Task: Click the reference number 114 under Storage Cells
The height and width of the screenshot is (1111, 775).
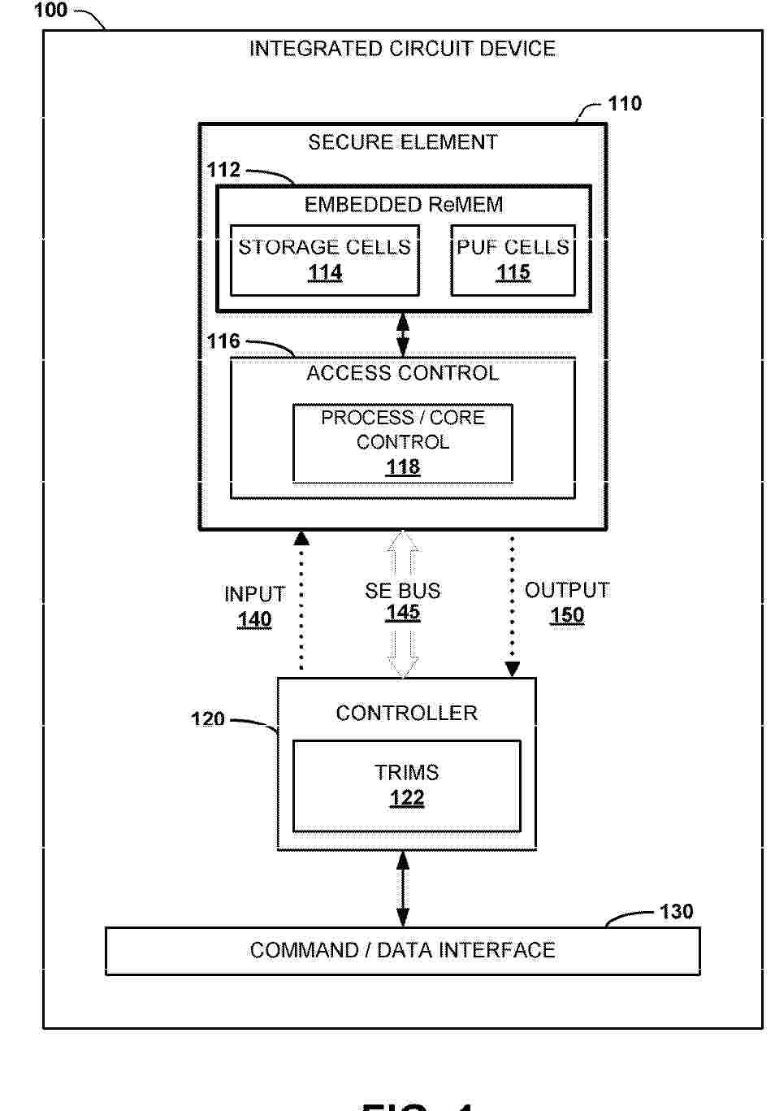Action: pos(325,273)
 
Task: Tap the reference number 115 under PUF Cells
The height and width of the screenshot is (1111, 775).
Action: pos(513,273)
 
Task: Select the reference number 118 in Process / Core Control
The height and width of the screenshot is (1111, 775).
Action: pos(403,467)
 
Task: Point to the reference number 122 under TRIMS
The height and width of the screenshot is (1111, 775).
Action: pos(407,798)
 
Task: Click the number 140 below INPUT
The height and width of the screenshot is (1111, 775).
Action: pos(254,619)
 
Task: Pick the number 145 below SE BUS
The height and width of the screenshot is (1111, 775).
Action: pos(403,613)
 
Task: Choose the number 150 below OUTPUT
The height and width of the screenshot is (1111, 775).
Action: pos(567,615)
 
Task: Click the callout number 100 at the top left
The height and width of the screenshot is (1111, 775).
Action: pos(51,11)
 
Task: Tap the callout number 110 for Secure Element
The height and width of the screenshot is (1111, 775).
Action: pos(625,104)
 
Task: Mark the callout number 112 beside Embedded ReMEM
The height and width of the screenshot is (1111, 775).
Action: pos(223,170)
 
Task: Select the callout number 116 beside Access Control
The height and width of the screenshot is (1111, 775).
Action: pos(223,341)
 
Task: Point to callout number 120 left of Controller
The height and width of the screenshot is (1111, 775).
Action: pos(208,719)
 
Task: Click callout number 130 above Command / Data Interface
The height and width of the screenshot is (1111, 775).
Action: pos(676,912)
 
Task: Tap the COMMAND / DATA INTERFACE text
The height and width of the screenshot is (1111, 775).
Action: pos(403,950)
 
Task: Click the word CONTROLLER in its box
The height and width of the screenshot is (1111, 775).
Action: pos(407,713)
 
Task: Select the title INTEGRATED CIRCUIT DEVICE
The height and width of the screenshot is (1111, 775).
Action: pos(402,49)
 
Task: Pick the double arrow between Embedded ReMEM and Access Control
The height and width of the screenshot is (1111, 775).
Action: pos(403,334)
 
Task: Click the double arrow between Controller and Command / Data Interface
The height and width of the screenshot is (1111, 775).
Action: pos(403,888)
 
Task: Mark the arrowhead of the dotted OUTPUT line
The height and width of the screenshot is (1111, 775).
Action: pos(513,669)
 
